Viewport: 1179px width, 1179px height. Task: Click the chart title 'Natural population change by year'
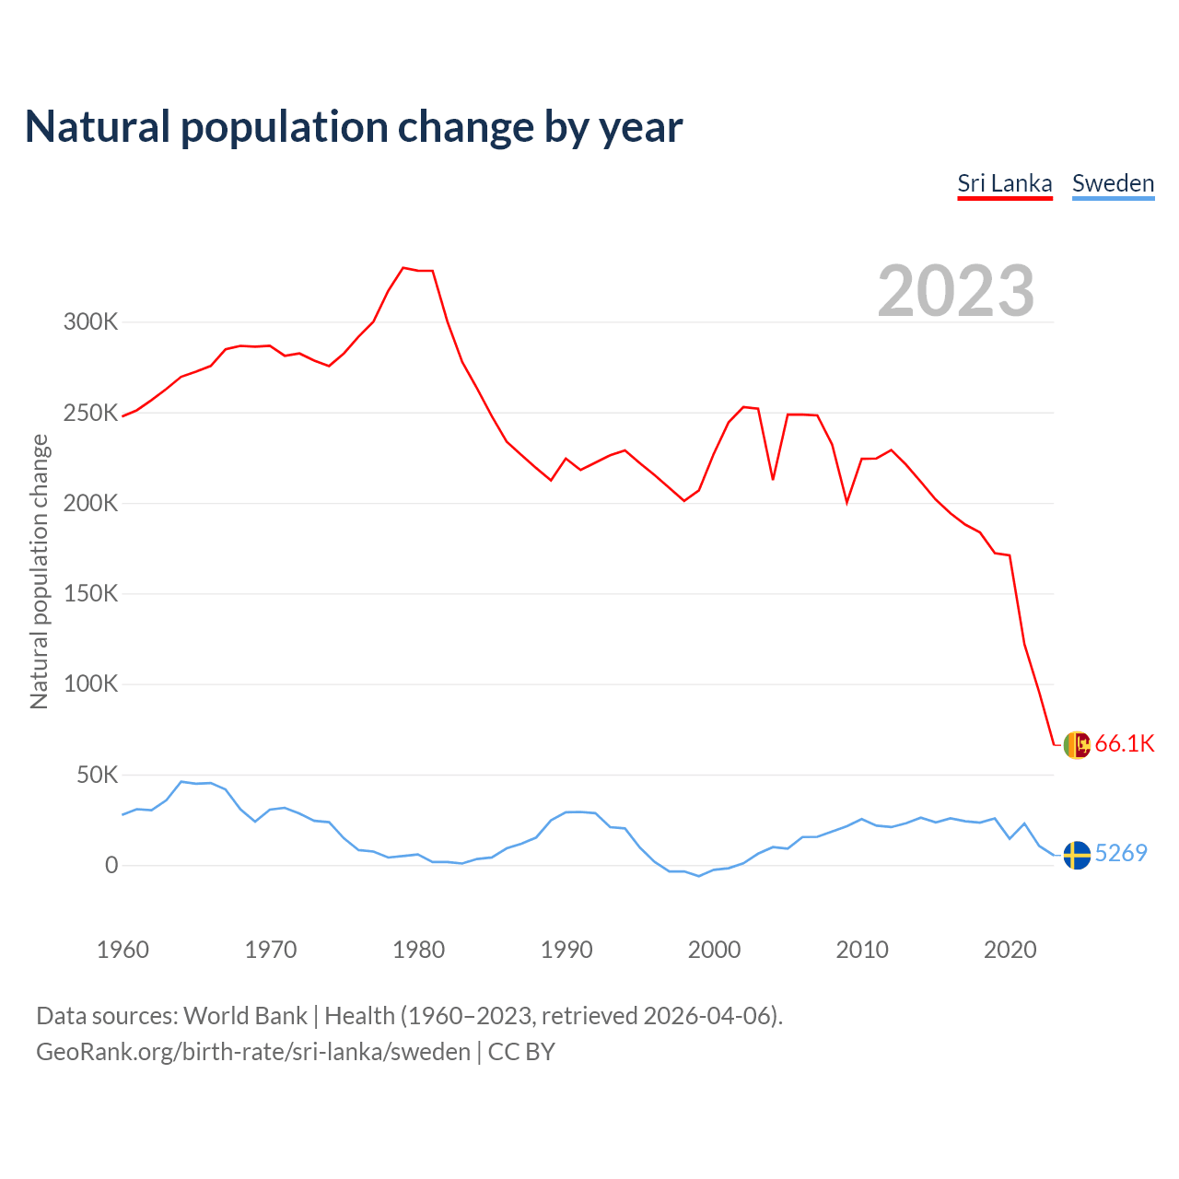(353, 127)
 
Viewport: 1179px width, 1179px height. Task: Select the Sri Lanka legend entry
(1004, 183)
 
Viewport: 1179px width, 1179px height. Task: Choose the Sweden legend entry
(1113, 183)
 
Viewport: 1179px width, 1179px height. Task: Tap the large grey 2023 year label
(955, 291)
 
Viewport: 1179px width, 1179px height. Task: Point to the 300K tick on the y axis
(90, 322)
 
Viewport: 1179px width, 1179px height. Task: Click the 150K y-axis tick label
(90, 594)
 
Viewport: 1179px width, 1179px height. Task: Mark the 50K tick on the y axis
(97, 776)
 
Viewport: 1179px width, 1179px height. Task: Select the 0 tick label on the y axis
(111, 865)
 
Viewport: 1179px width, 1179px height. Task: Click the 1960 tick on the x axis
(123, 950)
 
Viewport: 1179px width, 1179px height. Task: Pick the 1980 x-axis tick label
(418, 950)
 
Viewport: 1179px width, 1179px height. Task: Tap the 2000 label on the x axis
(714, 950)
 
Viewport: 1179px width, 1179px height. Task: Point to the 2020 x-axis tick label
(1010, 950)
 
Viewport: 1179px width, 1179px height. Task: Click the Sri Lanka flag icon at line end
(1077, 744)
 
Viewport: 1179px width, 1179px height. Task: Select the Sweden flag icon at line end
(1077, 855)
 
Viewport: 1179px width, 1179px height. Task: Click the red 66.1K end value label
(1125, 744)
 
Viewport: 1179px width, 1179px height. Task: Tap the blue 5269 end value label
(1121, 854)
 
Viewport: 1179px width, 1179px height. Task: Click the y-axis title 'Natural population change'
(40, 571)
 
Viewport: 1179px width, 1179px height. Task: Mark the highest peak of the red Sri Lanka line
(403, 268)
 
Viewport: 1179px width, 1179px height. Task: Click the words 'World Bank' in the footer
(245, 1016)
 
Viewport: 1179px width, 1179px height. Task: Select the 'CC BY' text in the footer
(521, 1052)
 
